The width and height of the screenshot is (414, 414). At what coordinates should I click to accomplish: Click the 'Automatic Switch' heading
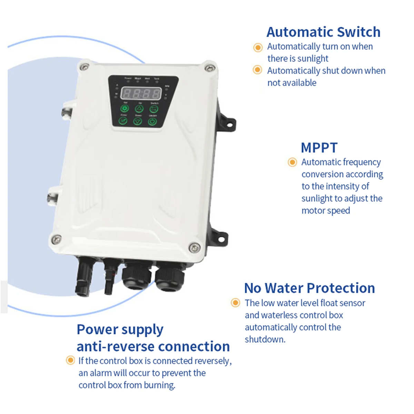point(323,32)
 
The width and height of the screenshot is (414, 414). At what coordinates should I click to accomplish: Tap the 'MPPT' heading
point(319,148)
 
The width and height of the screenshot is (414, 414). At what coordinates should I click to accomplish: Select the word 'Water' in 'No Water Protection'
point(284,288)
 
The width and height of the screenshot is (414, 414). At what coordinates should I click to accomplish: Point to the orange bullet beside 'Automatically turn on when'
point(258,47)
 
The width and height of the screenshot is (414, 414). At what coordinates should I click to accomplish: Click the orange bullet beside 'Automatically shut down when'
point(257,70)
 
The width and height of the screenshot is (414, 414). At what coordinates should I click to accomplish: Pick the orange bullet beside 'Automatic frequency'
point(292,162)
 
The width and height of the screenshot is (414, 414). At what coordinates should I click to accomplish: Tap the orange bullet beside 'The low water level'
point(235,303)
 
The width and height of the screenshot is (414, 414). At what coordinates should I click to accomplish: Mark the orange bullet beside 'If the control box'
point(70,361)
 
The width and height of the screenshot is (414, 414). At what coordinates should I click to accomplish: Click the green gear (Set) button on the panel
point(125,109)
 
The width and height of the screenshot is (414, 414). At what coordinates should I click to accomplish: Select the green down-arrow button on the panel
point(138,121)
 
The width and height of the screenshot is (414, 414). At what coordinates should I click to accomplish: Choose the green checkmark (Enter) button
point(123,120)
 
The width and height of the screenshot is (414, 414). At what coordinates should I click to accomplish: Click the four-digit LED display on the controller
point(141,93)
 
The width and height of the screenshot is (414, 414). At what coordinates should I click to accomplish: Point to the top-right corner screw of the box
point(208,68)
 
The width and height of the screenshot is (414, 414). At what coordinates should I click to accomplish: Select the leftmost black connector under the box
point(83,276)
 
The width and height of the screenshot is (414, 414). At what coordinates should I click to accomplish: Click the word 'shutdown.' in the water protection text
point(265,339)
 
